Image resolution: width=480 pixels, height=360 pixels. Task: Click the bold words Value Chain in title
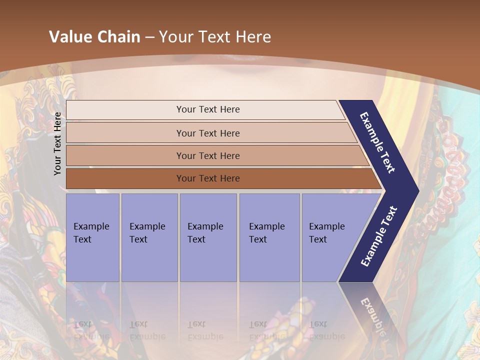(94, 36)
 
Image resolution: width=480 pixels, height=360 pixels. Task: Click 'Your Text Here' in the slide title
(215, 36)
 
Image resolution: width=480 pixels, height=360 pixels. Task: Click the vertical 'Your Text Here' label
(57, 143)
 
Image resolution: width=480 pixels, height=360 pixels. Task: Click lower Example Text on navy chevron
(379, 236)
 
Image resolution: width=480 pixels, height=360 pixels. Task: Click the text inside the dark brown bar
(208, 178)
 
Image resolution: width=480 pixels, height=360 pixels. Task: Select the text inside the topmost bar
(208, 109)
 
